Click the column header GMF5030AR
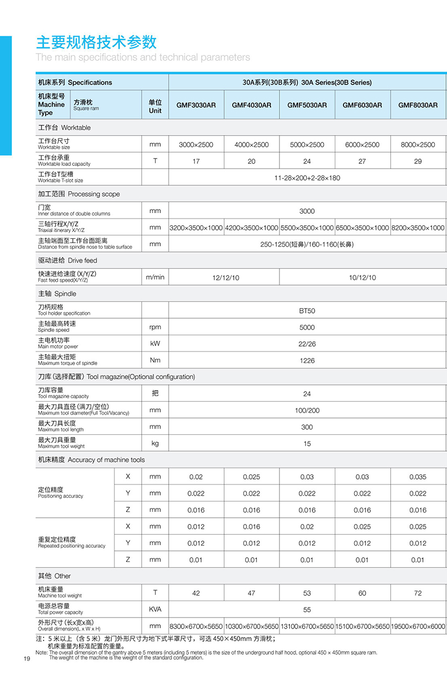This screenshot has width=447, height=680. pyautogui.click(x=307, y=105)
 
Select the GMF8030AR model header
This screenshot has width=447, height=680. pyautogui.click(x=418, y=105)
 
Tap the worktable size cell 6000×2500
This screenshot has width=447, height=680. pyautogui.click(x=362, y=145)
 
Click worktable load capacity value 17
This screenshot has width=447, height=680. pyautogui.click(x=196, y=161)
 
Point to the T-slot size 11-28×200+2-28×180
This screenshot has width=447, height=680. pyautogui.click(x=307, y=178)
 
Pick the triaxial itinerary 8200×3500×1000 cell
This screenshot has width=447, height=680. pyautogui.click(x=418, y=228)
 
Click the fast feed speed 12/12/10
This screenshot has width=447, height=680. pyautogui.click(x=225, y=278)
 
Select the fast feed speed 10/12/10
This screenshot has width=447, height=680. pyautogui.click(x=362, y=278)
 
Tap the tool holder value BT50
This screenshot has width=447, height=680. pyautogui.click(x=307, y=311)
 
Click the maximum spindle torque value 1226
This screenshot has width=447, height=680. pyautogui.click(x=307, y=361)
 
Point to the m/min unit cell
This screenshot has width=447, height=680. pyautogui.click(x=155, y=277)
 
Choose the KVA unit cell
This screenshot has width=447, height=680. pyautogui.click(x=155, y=609)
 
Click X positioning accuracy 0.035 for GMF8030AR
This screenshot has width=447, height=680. pyautogui.click(x=418, y=477)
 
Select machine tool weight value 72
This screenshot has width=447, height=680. pyautogui.click(x=418, y=593)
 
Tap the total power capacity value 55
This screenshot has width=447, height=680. pyautogui.click(x=307, y=610)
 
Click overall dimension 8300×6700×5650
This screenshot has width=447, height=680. pyautogui.click(x=196, y=626)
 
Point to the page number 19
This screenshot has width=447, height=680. pyautogui.click(x=27, y=660)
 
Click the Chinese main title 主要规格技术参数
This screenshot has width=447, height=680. pyautogui.click(x=96, y=42)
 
